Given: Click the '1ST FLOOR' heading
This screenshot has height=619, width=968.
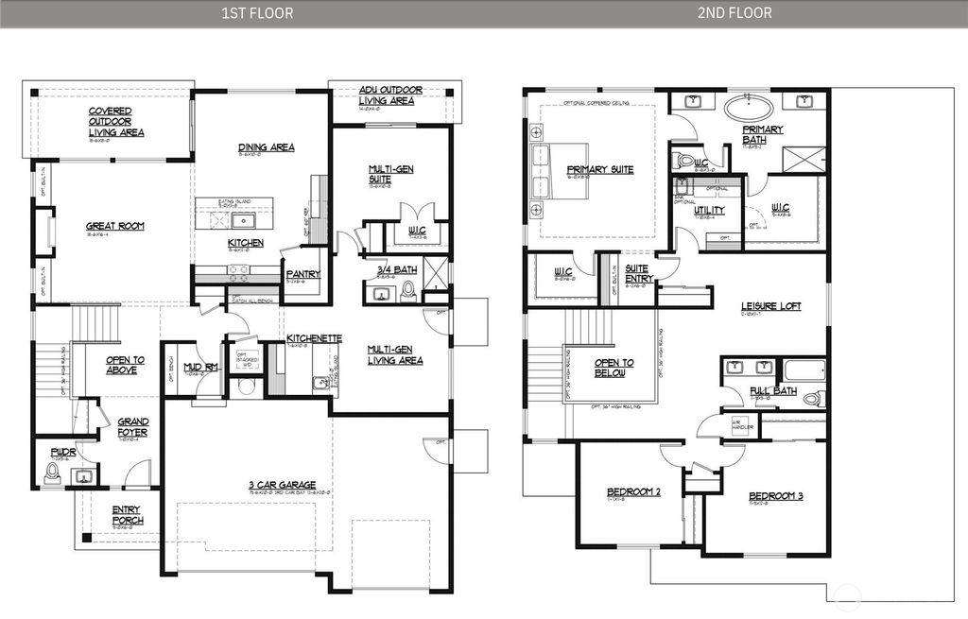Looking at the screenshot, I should click(256, 13).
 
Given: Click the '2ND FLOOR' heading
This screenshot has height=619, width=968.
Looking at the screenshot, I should click(735, 13).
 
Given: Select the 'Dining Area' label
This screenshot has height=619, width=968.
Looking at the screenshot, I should click(266, 147).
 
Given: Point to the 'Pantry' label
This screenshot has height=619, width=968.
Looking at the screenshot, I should click(303, 274).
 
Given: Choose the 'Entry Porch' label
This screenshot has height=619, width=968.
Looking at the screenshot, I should click(126, 516).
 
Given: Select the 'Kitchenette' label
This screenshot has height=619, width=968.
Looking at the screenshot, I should click(314, 338).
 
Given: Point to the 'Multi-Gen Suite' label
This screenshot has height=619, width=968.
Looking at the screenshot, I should click(391, 174).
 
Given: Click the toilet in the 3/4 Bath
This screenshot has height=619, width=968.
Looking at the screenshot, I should click(408, 290).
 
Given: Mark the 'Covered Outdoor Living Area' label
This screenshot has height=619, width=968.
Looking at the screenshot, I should click(116, 122).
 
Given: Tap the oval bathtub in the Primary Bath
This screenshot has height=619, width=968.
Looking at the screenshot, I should click(755, 106).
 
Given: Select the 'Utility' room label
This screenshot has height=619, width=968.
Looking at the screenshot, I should click(709, 210).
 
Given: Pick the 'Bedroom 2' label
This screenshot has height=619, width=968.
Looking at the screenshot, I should click(632, 492).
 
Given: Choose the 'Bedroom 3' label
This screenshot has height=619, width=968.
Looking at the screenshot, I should click(775, 496).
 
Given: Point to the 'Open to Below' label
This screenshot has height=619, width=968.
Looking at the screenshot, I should click(614, 369).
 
